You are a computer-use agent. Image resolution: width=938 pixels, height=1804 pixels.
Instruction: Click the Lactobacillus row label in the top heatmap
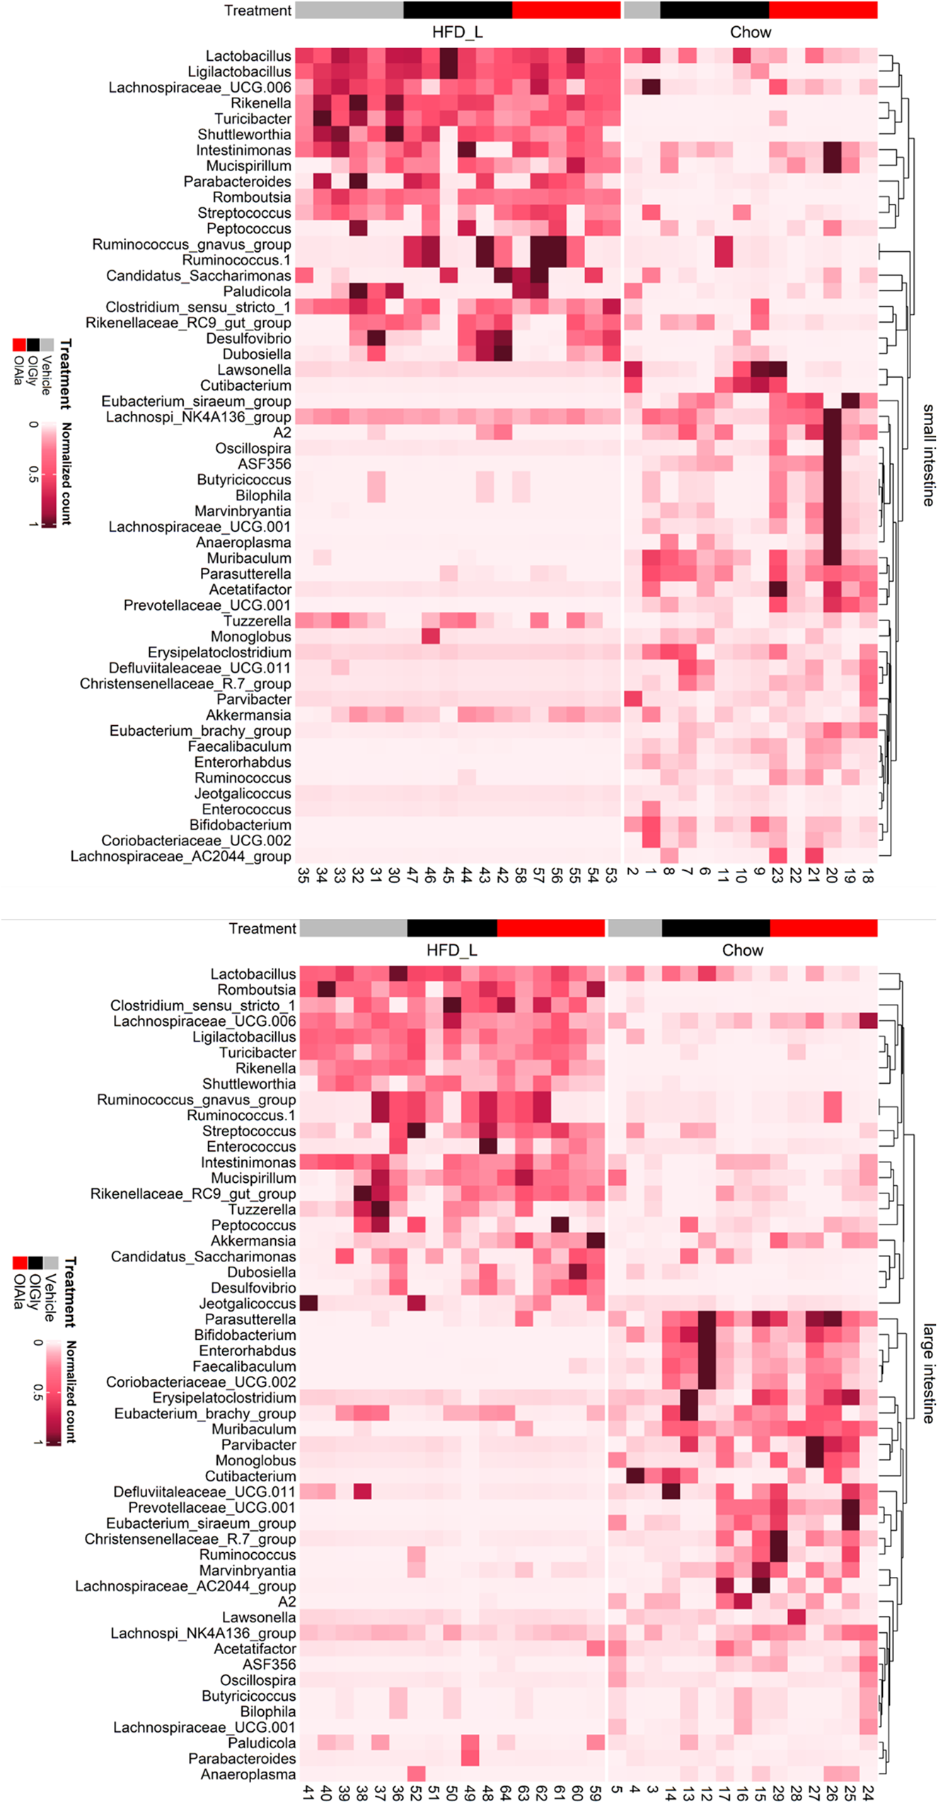[248, 56]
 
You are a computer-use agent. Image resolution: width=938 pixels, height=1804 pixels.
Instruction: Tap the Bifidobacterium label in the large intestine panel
[245, 1335]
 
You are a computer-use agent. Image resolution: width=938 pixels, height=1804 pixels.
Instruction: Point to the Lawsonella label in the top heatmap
[254, 370]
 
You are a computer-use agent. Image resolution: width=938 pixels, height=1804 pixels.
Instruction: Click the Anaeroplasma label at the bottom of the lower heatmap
[248, 1774]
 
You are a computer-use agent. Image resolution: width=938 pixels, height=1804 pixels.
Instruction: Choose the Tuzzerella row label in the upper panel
[257, 621]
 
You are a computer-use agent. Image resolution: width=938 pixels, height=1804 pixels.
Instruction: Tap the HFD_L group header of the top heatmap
[457, 33]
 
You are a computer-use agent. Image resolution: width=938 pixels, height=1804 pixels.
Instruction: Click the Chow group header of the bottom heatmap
[742, 950]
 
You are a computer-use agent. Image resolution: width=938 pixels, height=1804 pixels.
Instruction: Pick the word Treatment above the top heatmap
[257, 11]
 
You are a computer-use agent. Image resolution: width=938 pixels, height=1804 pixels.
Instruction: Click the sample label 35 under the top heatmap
[303, 877]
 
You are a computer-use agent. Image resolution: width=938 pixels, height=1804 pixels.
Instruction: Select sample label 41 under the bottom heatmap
[308, 1793]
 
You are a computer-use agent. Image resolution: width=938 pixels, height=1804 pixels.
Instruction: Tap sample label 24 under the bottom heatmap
[868, 1793]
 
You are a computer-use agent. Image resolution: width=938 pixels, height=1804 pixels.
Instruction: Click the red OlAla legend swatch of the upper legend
[19, 345]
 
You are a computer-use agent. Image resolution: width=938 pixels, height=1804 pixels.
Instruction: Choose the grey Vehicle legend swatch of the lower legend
[50, 1263]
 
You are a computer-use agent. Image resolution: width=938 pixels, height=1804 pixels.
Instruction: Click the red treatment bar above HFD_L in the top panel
[566, 10]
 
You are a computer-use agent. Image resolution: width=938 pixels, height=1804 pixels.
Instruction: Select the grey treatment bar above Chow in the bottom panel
[635, 928]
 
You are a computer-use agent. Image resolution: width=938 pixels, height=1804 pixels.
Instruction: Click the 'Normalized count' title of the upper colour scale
[66, 473]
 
